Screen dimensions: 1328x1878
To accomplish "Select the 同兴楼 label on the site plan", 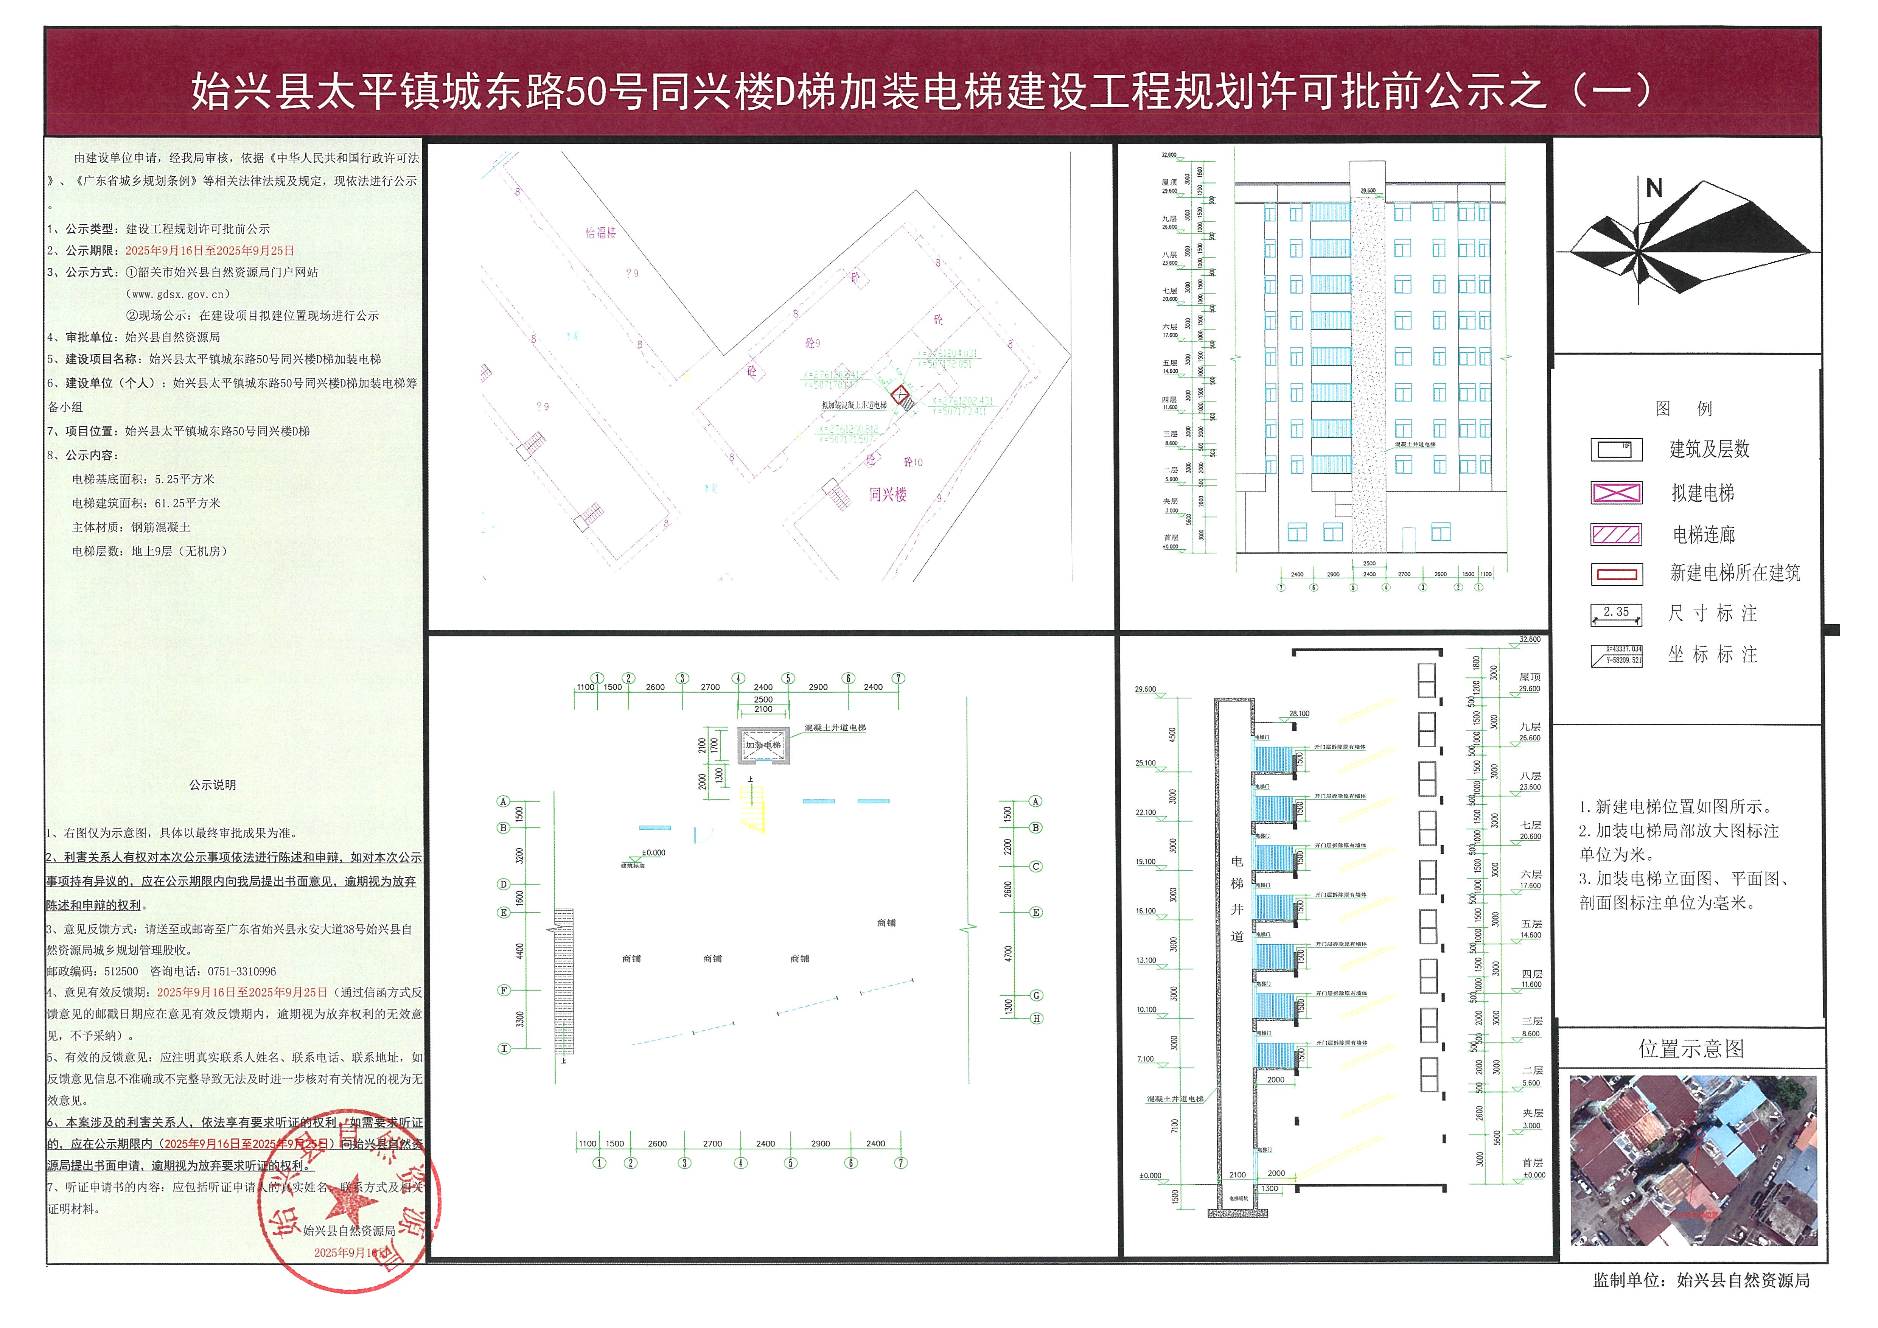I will [888, 494].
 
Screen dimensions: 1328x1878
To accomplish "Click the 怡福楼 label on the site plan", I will [600, 233].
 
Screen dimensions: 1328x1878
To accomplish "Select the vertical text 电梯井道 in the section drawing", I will [1237, 899].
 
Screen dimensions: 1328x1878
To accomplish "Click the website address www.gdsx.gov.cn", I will [181, 294].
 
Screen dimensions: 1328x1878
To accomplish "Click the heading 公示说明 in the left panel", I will [213, 785].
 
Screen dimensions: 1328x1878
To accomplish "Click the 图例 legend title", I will [1683, 408].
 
